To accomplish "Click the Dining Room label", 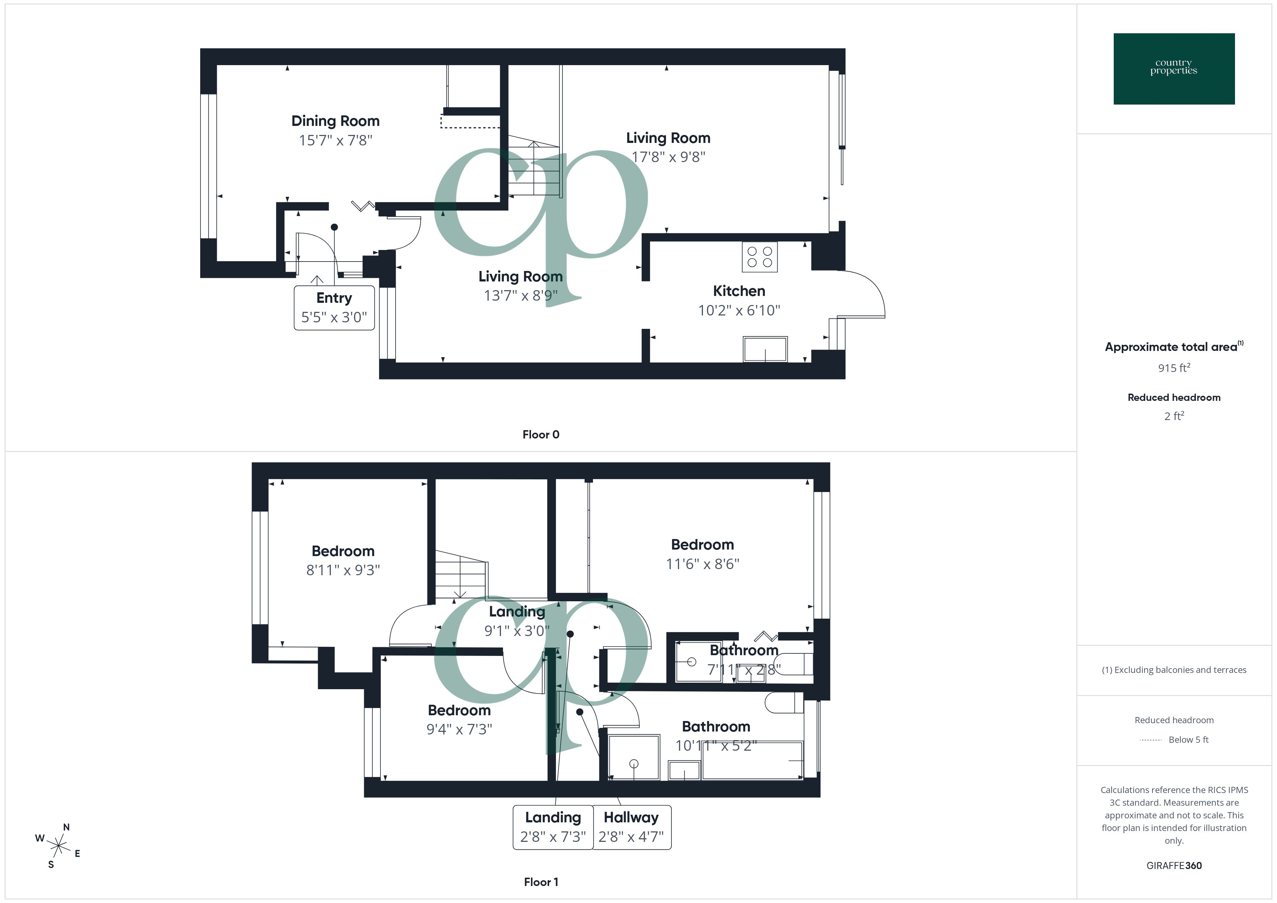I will [336, 121].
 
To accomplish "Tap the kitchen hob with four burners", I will [759, 257].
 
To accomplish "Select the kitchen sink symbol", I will [765, 349].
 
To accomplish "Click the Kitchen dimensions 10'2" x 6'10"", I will [739, 310].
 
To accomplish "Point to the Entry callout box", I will [334, 308].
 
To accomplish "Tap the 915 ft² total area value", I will [1173, 368].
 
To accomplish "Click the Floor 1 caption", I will [541, 882].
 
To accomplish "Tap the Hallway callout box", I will [631, 827].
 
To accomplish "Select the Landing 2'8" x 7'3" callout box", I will [553, 827].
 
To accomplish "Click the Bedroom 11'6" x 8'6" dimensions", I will [703, 564].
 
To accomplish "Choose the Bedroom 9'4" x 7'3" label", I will [459, 711].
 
